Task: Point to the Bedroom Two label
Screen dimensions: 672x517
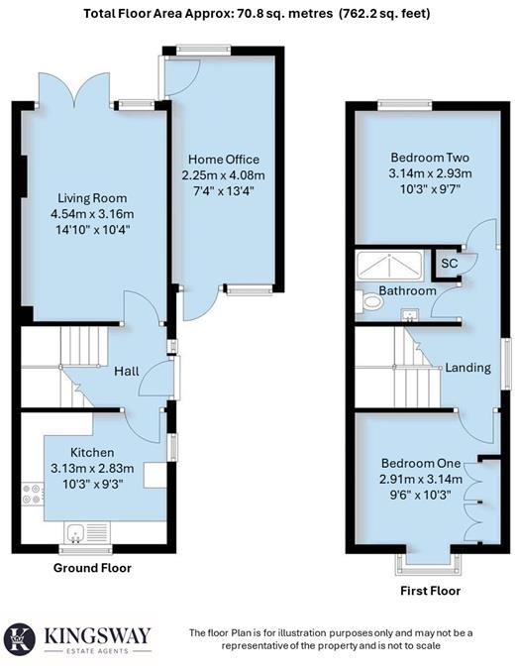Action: click(x=429, y=158)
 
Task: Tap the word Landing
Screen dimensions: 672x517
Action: click(x=467, y=368)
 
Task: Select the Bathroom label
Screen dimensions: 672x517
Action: click(x=407, y=291)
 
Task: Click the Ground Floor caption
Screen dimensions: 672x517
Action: click(x=91, y=568)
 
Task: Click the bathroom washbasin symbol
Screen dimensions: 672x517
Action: click(x=409, y=316)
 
